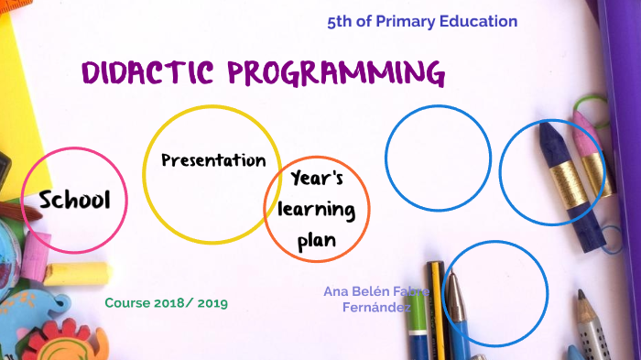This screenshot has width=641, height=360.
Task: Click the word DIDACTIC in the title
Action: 147,72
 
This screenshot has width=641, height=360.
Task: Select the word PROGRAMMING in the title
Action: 336,73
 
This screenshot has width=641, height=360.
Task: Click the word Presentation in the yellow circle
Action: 213,160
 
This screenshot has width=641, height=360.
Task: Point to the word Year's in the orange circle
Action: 317,179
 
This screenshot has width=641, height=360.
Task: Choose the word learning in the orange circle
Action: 317,210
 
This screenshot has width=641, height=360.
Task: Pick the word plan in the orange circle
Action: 317,240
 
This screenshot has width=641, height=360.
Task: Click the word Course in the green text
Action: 126,302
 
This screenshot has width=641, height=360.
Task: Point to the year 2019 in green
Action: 211,302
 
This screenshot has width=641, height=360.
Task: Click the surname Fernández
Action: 376,307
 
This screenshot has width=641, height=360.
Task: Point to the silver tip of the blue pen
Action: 452,289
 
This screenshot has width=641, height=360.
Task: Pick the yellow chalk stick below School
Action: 78,273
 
